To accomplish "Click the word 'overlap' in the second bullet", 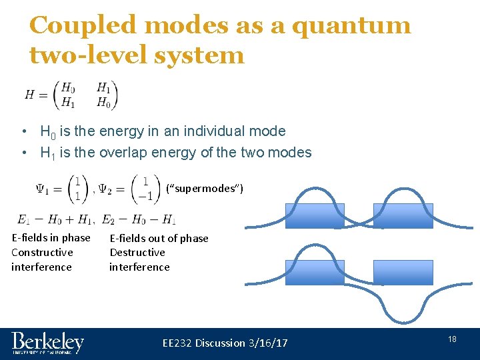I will [x=128, y=153].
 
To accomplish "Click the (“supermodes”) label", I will [x=205, y=189].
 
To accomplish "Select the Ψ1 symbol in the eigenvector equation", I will [x=44, y=189].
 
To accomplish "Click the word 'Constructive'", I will [x=42, y=253].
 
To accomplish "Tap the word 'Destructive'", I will [x=137, y=253].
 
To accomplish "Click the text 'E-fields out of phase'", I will [x=159, y=239].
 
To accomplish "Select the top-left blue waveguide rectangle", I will [x=315, y=216].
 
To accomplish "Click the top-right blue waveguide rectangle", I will [x=403, y=216].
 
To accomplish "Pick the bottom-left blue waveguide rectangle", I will [x=315, y=272].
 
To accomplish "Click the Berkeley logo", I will [x=47, y=343].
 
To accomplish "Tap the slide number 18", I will [x=452, y=340].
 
